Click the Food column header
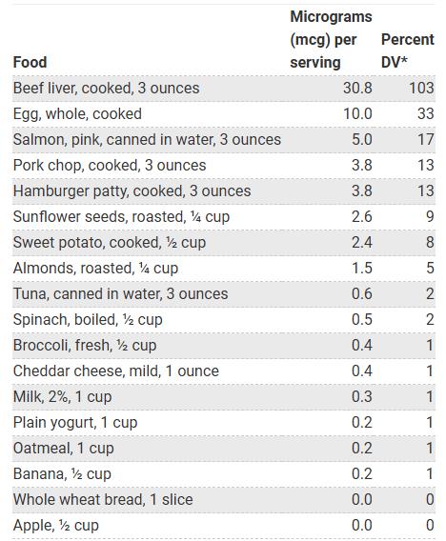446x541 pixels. click(30, 62)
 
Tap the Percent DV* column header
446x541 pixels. click(407, 50)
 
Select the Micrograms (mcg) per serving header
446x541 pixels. click(331, 40)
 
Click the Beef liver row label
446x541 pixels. click(106, 88)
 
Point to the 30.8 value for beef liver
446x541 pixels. click(357, 88)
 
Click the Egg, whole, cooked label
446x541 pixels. click(77, 113)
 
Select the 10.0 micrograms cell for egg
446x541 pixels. click(357, 113)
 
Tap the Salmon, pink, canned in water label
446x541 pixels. click(147, 139)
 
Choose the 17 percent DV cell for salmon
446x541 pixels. click(426, 139)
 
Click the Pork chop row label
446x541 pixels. click(110, 165)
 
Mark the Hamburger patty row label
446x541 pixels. click(132, 190)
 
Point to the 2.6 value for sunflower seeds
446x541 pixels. click(361, 216)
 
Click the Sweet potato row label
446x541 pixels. click(109, 242)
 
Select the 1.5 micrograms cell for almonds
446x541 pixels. click(361, 268)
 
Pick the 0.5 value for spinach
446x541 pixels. click(361, 319)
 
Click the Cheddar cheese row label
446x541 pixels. click(115, 371)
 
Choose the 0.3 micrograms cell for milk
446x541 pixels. click(361, 396)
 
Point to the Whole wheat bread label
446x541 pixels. click(103, 499)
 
